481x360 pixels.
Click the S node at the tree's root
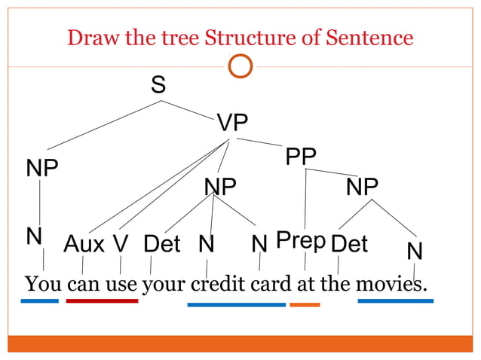tap(158, 85)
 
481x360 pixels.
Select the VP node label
tap(232, 123)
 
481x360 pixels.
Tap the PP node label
tap(301, 157)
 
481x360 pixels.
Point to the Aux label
tap(84, 243)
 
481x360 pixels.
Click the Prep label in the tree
tap(300, 240)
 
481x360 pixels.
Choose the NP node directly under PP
tap(362, 186)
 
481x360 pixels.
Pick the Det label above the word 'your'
tap(162, 243)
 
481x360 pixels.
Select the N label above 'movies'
tap(414, 251)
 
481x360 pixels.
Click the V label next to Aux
tap(121, 243)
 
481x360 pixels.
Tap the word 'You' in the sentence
tap(44, 285)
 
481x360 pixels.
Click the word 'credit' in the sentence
tap(218, 285)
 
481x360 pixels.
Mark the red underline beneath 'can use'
tap(102, 301)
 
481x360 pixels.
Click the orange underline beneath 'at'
tap(305, 305)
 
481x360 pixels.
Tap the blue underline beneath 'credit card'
tap(236, 305)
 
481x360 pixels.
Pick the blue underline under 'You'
tap(39, 301)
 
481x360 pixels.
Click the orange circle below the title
tap(240, 67)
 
